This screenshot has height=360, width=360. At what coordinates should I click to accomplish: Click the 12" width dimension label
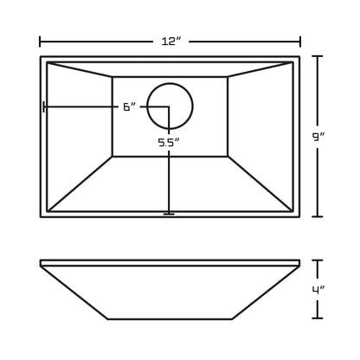[x=170, y=41]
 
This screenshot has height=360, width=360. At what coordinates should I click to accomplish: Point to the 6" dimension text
[x=129, y=107]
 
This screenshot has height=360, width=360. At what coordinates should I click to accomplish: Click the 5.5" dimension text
[x=169, y=142]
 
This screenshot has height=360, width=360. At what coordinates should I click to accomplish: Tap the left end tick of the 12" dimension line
[x=41, y=41]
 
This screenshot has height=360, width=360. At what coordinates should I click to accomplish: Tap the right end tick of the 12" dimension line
[x=300, y=41]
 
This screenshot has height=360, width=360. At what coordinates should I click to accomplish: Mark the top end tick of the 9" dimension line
[x=317, y=56]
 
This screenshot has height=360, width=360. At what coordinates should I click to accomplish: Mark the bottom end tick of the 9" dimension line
[x=317, y=216]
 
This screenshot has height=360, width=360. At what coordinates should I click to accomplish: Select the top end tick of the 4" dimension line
[x=317, y=260]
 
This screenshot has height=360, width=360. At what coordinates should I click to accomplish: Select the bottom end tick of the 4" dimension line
[x=317, y=319]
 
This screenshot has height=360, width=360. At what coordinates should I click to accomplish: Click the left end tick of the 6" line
[x=43, y=107]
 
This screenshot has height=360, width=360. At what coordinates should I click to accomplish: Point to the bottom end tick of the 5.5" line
[x=169, y=213]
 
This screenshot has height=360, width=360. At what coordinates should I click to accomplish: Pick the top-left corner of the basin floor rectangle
[x=112, y=77]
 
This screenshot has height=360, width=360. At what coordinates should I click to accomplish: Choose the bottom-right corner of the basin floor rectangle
[x=228, y=157]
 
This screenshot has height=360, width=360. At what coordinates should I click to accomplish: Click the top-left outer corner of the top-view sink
[x=42, y=57]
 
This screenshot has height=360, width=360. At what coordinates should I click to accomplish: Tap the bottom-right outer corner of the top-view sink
[x=299, y=216]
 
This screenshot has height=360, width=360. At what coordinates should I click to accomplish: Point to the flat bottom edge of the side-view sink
[x=170, y=318]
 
